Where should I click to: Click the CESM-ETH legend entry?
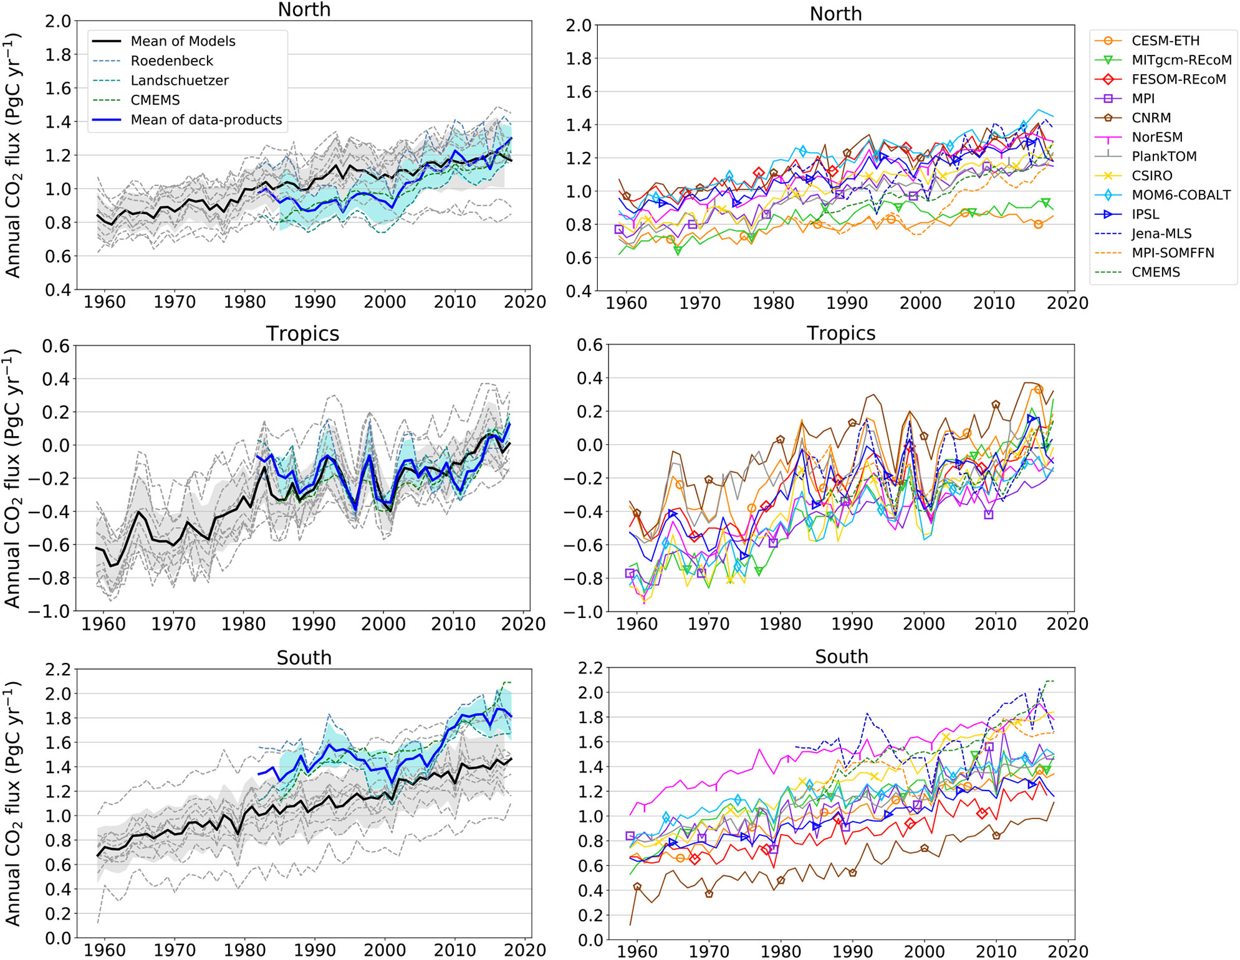pos(1165,41)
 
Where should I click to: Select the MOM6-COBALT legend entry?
pos(1180,195)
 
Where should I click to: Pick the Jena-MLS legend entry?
pos(1161,234)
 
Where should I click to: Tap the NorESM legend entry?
pos(1156,137)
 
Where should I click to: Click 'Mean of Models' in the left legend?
pos(183,41)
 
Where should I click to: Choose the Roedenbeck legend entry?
pos(171,61)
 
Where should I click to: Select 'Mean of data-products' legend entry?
pos(206,120)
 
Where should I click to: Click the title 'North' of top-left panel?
pos(304,9)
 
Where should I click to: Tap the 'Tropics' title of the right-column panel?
pos(840,333)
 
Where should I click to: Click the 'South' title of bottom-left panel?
pos(304,658)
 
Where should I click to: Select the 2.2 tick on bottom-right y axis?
pos(590,668)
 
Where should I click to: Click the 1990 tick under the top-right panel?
pos(846,303)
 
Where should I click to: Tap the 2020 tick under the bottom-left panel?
pos(524,950)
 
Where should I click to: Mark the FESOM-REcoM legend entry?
pos(1178,80)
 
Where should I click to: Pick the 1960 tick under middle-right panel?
pos(637,624)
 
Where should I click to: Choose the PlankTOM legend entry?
pos(1163,156)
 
